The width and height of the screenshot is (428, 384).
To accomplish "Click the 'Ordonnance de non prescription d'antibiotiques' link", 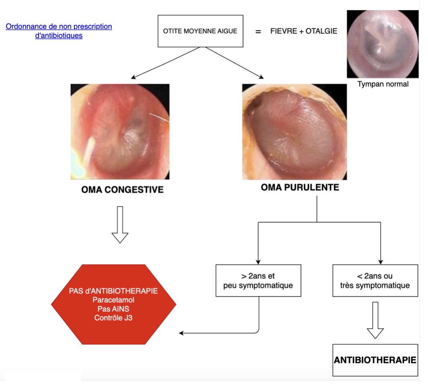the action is [x=59, y=31].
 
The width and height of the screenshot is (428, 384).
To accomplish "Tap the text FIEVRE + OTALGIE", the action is [x=304, y=31].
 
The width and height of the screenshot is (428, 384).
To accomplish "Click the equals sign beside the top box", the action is [x=258, y=32].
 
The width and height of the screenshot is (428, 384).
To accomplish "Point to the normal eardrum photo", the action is [x=383, y=44].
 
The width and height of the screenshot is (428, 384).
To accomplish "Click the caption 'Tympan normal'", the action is [x=383, y=84].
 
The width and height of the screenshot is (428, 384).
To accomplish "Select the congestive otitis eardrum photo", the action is [x=120, y=132].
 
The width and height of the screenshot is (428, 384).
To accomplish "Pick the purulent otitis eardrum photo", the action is [x=294, y=132].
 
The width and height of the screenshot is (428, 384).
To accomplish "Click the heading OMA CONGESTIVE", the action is [x=122, y=190].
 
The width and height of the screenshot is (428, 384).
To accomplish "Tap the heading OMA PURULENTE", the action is [x=300, y=187].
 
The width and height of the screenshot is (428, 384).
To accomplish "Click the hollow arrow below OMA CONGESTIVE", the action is [x=120, y=225].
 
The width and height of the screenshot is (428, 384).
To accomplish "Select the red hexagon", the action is [x=113, y=304].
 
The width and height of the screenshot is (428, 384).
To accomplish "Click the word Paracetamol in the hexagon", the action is [x=113, y=300].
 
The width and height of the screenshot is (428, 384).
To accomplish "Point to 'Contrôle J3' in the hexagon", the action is [x=113, y=318].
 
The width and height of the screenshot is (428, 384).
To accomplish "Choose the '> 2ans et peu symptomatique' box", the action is [x=258, y=280].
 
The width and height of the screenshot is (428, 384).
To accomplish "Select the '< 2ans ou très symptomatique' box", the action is [x=375, y=280].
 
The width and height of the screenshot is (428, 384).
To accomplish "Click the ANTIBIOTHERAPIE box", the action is [x=375, y=360].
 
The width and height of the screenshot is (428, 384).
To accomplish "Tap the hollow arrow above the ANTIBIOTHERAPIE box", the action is [x=375, y=320].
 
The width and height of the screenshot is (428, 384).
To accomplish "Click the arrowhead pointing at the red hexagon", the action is [x=181, y=333].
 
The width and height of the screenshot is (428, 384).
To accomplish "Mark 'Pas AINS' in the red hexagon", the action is [x=113, y=309].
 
